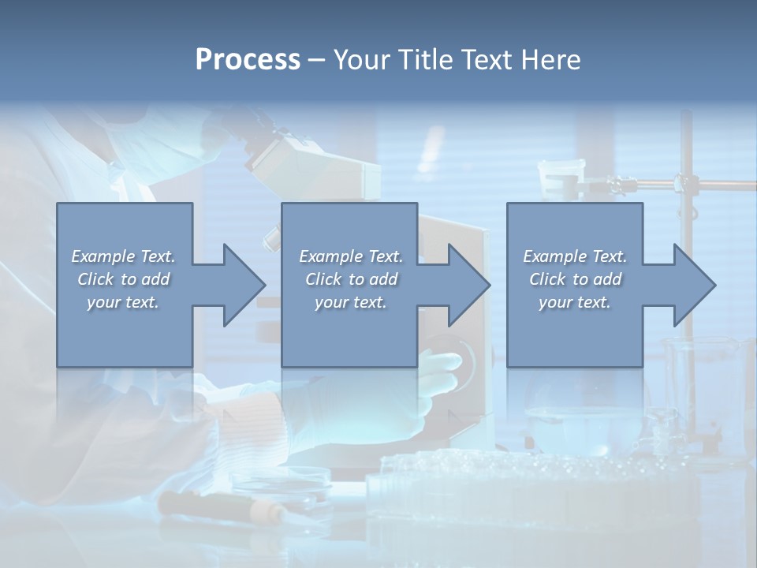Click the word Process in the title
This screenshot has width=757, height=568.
tap(248, 59)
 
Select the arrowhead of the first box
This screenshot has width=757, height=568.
tap(241, 285)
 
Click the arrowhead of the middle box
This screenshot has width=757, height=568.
tap(467, 285)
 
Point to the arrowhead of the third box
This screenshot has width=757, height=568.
tap(692, 285)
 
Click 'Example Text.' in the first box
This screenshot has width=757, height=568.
tap(124, 256)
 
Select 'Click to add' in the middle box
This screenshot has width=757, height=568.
tap(351, 279)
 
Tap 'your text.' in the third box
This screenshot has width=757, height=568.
tap(575, 302)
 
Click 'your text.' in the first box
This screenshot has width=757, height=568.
tap(124, 302)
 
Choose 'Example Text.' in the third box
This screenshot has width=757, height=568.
tap(575, 256)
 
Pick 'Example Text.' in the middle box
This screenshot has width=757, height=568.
tap(351, 256)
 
